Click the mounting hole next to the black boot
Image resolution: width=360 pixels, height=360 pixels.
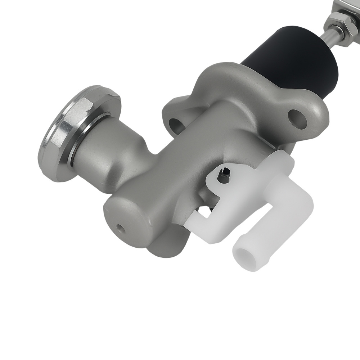(x=297, y=119)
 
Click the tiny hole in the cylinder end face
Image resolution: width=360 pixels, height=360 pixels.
(x=120, y=228)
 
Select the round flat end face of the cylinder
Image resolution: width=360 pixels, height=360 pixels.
(x=126, y=220)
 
